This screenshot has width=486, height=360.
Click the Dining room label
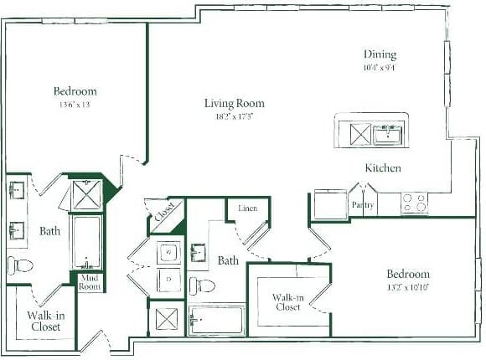click(379, 54)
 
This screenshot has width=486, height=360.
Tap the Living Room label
click(234, 104)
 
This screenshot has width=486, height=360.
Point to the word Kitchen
click(382, 168)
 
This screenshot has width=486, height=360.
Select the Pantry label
click(363, 203)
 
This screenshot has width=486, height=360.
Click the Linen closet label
click(247, 208)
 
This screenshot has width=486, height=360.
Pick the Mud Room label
click(90, 281)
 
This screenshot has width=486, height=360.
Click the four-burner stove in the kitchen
click(414, 202)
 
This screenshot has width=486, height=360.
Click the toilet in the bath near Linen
click(201, 285)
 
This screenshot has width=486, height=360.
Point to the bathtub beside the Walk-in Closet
click(217, 320)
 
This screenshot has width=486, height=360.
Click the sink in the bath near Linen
click(199, 253)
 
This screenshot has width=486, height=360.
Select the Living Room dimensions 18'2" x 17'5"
click(234, 117)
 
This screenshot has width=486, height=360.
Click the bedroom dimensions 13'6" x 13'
click(75, 105)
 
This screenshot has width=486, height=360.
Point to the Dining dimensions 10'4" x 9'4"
click(379, 69)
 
